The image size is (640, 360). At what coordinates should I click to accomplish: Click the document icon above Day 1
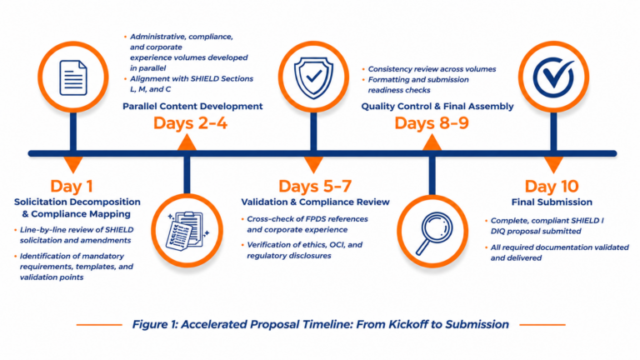73,77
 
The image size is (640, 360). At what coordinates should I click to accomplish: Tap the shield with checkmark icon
313,77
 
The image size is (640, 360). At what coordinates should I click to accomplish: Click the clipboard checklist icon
187,231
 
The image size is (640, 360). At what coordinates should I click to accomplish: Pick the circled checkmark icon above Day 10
553,77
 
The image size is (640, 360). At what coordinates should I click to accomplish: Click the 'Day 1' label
72,186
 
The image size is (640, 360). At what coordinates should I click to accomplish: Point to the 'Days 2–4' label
190,122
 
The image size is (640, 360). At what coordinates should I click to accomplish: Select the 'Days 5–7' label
315,186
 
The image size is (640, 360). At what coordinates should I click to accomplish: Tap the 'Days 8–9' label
432,122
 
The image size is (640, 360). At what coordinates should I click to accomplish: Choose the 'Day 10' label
552,186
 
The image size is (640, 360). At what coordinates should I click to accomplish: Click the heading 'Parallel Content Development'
192,106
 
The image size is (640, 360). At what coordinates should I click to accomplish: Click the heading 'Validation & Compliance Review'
315,202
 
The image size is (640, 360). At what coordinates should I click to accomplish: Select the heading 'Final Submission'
552,202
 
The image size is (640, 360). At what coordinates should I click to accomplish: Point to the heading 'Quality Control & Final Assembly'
437,106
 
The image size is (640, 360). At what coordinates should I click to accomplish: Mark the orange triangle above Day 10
553,165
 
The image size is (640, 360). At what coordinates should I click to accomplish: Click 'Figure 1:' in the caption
155,324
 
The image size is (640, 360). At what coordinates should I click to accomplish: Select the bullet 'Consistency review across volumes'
432,69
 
